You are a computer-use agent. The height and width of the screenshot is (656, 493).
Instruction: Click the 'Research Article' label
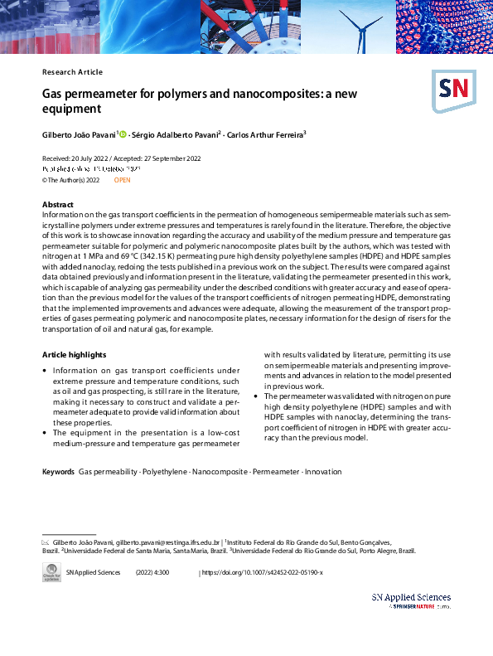[x=72, y=72]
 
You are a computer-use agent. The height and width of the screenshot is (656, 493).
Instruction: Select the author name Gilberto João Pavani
[x=79, y=134]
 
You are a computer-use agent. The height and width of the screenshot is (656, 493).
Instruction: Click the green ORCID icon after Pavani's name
[x=123, y=134]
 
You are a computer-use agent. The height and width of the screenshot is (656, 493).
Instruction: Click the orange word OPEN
[x=122, y=179]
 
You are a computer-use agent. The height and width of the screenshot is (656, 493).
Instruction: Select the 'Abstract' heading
[x=58, y=204]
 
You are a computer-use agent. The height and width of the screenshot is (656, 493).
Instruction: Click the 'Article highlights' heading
[x=73, y=354]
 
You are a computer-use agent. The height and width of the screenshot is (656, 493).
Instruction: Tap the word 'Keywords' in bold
[x=58, y=472]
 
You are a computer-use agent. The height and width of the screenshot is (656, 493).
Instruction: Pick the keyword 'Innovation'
[x=322, y=472]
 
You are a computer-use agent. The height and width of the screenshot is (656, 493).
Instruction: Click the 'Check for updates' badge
[x=51, y=573]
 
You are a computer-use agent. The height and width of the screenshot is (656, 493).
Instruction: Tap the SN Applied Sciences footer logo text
[x=411, y=597]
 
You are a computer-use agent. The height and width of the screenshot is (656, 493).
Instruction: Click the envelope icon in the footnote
[x=46, y=541]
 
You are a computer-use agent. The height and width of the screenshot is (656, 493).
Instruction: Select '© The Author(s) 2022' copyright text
[x=71, y=179]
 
